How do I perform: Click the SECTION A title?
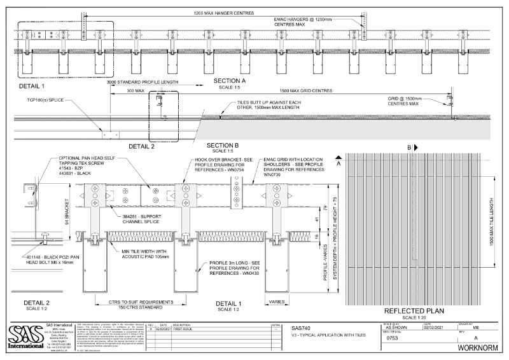pyautogui.click(x=230, y=81)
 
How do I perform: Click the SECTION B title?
pyautogui.click(x=223, y=145)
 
